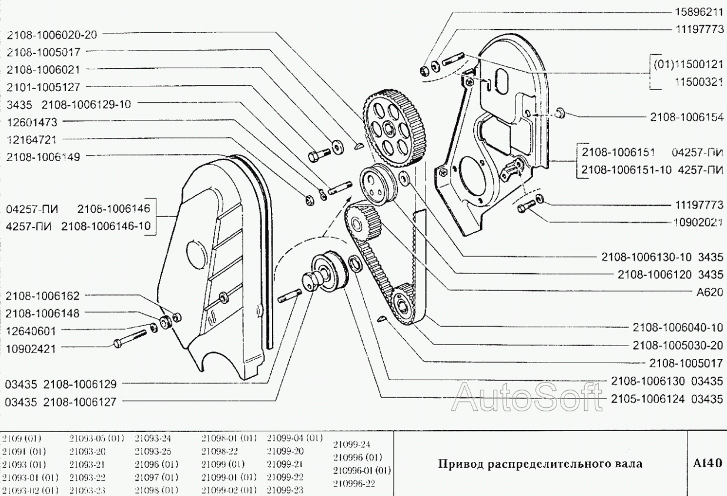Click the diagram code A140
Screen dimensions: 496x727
coord(707,463)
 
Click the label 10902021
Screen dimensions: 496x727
coord(698,222)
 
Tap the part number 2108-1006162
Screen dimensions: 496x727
coord(46,295)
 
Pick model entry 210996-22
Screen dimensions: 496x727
coord(354,484)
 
